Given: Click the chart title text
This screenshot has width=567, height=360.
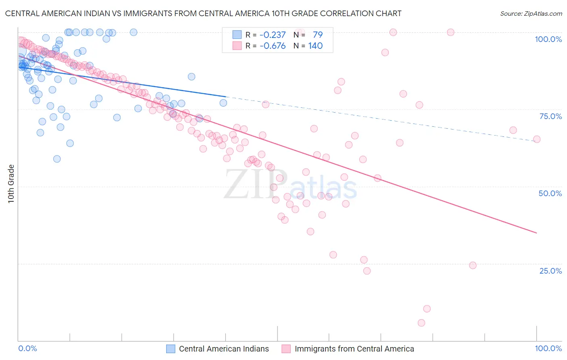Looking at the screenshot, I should (x=203, y=13).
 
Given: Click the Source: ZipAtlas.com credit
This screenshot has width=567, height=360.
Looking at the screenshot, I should (x=531, y=13).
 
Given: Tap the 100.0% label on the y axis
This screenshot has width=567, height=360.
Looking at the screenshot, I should (x=548, y=39).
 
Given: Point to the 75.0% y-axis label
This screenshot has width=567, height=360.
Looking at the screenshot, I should (x=550, y=116).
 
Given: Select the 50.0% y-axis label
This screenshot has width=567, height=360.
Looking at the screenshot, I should (x=550, y=193).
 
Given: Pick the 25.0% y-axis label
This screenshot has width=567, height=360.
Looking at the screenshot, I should (x=550, y=271).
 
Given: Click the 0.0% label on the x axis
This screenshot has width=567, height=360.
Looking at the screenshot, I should (x=27, y=348).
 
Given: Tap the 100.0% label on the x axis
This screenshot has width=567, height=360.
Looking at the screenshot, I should (x=548, y=348).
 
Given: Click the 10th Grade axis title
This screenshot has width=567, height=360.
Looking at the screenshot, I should (x=11, y=184).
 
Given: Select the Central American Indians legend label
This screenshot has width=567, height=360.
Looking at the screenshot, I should (x=224, y=349).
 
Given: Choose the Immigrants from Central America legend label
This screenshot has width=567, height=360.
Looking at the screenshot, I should (x=354, y=349).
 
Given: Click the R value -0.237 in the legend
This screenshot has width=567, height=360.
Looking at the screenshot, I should (x=272, y=35).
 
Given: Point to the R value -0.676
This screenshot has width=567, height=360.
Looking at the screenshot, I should (x=272, y=46).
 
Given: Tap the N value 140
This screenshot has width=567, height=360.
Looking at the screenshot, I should (x=315, y=46).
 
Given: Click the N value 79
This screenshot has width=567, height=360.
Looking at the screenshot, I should (x=318, y=35).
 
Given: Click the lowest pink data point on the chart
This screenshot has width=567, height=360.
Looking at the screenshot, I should (x=421, y=323).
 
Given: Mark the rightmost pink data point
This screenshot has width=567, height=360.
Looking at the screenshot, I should (x=537, y=139).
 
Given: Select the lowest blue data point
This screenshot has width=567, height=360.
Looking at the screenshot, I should (x=57, y=159).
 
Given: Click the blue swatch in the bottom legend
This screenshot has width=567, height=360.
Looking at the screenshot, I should (x=171, y=349).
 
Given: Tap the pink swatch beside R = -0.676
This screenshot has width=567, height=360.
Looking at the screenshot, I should (x=237, y=46).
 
